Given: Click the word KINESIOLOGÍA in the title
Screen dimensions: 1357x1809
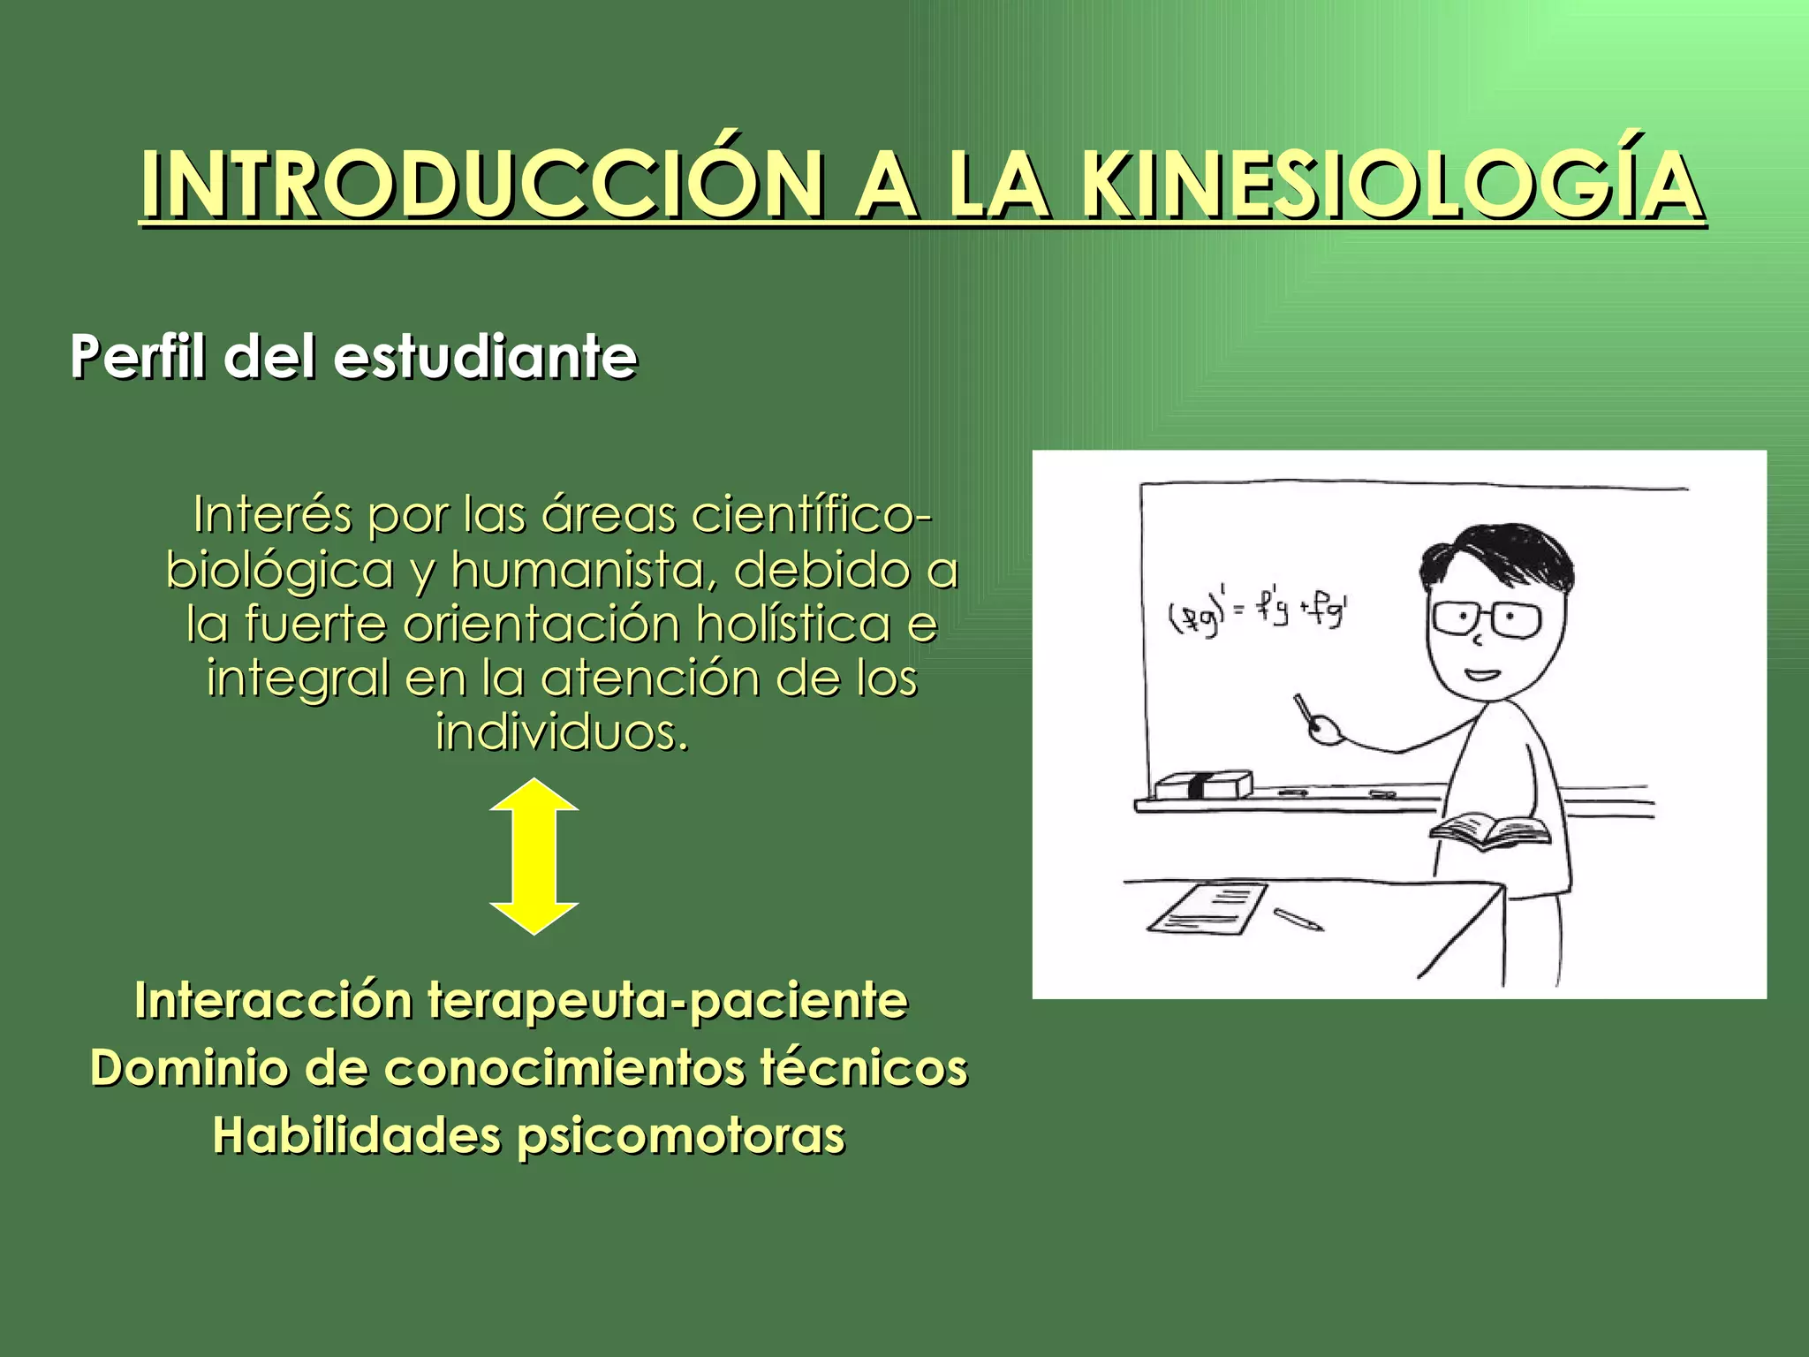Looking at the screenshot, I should tap(1392, 187).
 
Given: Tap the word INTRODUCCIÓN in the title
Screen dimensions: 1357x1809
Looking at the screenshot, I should tap(481, 187).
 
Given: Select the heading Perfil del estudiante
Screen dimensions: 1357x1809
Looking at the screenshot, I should tap(353, 357).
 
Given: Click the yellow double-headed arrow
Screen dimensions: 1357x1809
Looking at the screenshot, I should tap(534, 855).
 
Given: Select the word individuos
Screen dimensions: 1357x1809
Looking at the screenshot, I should tap(562, 732).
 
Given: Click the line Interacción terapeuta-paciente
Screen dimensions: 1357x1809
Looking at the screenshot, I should tap(521, 1001).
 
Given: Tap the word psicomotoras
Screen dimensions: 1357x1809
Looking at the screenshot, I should tap(681, 1136).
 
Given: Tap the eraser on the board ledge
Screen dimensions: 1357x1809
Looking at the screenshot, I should tap(1204, 785).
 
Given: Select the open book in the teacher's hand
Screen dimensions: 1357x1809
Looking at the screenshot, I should tap(1490, 831).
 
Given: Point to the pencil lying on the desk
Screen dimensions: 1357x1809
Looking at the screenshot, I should tap(1298, 919).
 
